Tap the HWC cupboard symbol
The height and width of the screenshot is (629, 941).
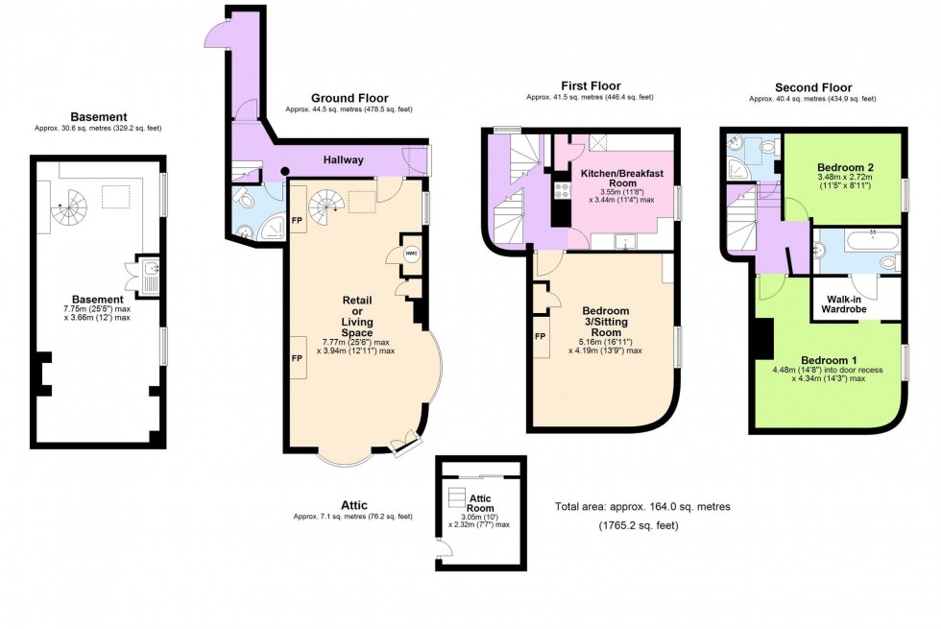411,254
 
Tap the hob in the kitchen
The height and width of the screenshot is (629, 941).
558,191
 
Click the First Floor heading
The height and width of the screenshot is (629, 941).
590,86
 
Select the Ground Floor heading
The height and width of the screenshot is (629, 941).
349,98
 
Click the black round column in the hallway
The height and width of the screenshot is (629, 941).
285,173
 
